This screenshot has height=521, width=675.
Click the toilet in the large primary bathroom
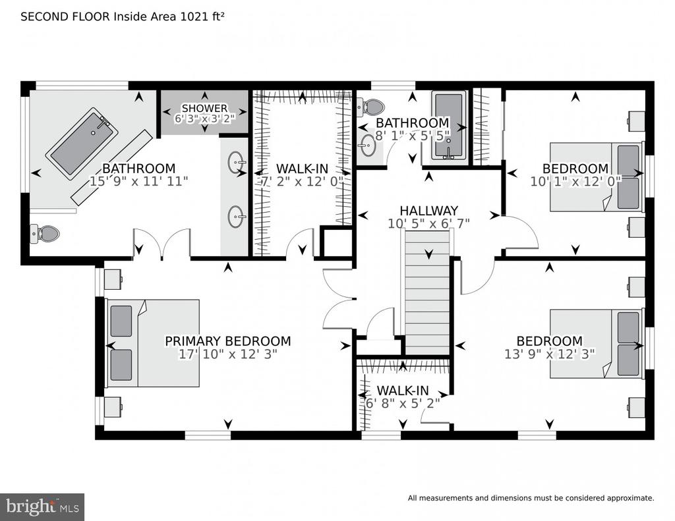tap(45, 233)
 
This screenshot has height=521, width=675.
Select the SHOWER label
tap(204, 108)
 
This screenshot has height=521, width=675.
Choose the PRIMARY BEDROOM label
tap(227, 341)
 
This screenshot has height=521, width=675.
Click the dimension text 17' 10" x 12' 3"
tap(227, 354)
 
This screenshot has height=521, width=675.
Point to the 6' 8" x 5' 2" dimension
tap(403, 402)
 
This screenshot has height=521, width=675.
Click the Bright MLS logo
tap(42, 507)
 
